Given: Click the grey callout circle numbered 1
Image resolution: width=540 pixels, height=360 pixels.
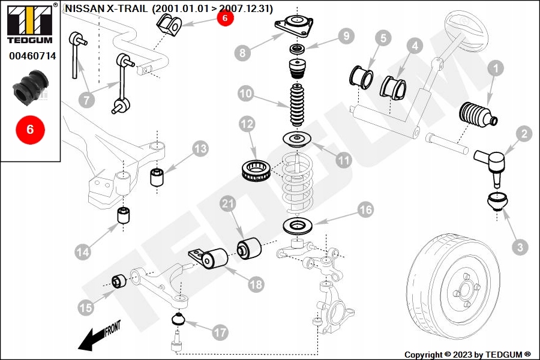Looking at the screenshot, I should pos(495,69).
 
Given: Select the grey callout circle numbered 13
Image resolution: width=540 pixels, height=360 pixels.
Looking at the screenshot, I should pos(200,148).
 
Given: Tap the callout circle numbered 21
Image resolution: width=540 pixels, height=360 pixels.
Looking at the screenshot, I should pos(226,205).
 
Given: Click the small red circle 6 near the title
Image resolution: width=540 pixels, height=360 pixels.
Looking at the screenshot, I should pos(224,18).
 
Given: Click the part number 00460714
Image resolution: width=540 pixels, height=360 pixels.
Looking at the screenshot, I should pos(32,56).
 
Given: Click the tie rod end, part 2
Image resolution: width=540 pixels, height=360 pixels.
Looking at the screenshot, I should pos(492,162).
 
